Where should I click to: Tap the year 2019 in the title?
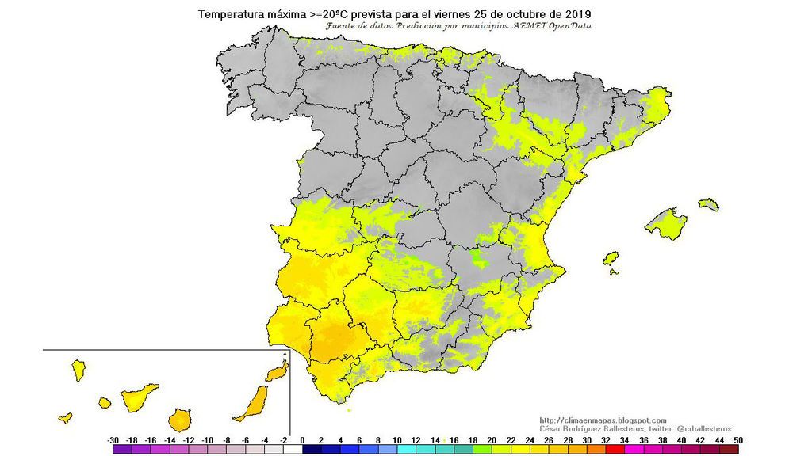(577, 14)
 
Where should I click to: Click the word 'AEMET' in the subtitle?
(521, 25)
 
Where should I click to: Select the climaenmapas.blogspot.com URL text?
(603, 420)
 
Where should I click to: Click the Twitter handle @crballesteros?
(698, 428)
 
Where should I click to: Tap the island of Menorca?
(708, 204)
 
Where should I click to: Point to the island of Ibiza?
(611, 259)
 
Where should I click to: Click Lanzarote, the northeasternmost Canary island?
(277, 372)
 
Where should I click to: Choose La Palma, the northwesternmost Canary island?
(79, 369)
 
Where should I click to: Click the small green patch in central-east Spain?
(478, 256)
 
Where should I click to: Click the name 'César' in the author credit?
(551, 428)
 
